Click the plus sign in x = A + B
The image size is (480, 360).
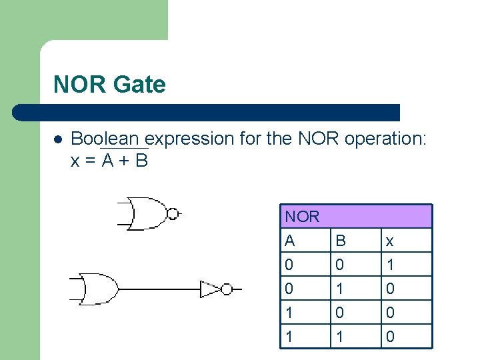(121, 161)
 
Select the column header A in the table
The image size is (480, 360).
(289, 241)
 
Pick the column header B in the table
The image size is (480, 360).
(340, 241)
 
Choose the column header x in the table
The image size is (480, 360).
(391, 241)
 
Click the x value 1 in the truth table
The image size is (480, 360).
(391, 265)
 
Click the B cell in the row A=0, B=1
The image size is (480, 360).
(340, 289)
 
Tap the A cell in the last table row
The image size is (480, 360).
(289, 337)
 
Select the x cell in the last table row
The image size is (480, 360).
(391, 337)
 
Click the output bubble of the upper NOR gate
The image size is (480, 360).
(173, 214)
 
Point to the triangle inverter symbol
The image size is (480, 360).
(211, 289)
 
